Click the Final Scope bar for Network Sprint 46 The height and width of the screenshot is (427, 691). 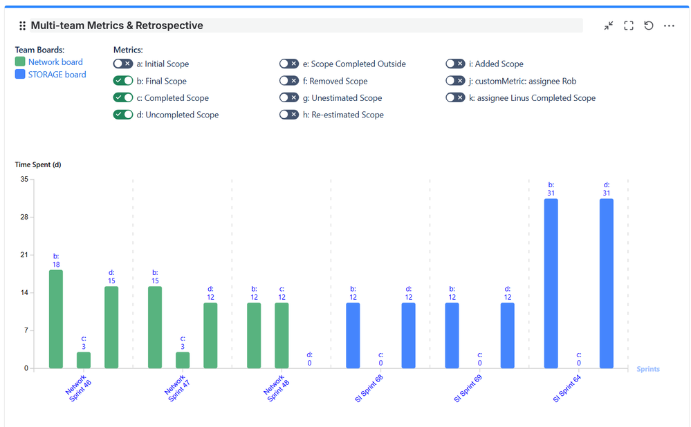tap(56, 319)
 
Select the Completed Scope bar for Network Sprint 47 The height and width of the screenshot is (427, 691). tap(183, 360)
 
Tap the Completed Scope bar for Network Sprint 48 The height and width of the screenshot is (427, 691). tap(282, 335)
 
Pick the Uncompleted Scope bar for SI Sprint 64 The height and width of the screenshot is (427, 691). tap(607, 283)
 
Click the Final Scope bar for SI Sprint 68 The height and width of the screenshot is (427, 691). tap(353, 335)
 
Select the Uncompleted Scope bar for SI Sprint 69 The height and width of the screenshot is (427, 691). tap(508, 335)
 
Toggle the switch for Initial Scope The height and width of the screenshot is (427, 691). tap(123, 64)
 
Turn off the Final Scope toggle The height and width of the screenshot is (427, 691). tap(123, 81)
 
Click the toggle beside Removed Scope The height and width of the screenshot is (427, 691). tap(289, 81)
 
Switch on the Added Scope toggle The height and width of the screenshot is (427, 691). tap(455, 64)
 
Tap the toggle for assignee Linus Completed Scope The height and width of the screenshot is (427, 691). tap(455, 98)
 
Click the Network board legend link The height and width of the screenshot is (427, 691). tap(55, 62)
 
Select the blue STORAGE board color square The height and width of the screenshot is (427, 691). tap(20, 75)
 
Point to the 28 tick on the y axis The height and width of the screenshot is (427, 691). tap(24, 217)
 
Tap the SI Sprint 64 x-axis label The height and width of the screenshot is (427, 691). tap(567, 388)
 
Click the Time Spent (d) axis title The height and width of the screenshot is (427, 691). tap(38, 164)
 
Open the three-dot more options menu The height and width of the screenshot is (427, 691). tap(669, 26)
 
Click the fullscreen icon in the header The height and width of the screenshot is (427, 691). tap(629, 26)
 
